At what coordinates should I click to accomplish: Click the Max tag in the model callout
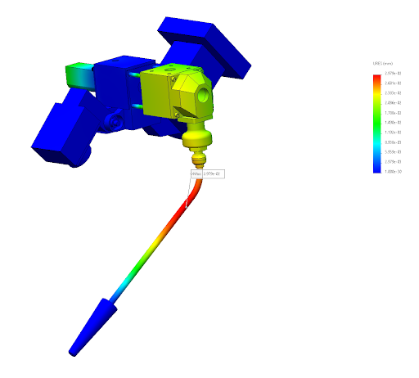tap(195, 174)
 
